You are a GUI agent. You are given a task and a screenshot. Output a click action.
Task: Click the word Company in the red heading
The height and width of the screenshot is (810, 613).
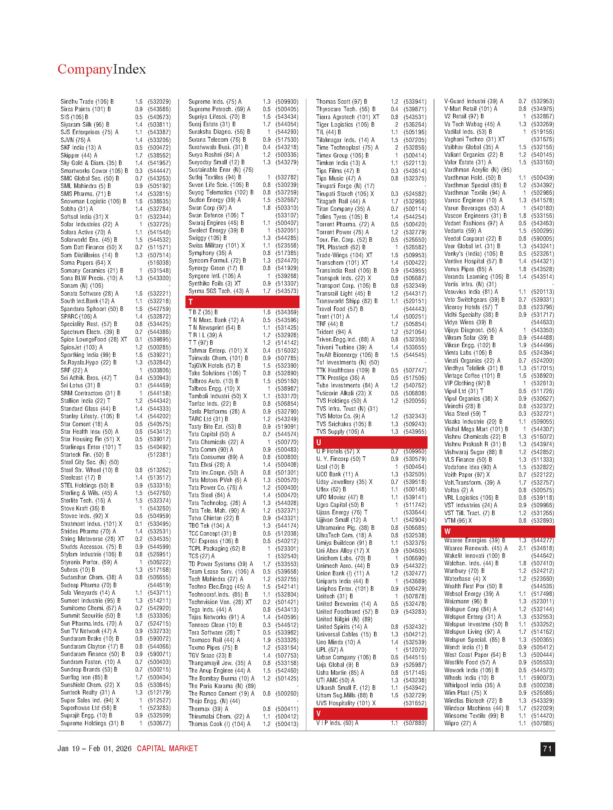click(85, 69)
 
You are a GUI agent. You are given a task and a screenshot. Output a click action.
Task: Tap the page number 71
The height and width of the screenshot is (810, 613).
click(547, 749)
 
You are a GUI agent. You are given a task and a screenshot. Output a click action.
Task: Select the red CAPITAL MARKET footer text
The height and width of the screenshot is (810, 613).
click(168, 749)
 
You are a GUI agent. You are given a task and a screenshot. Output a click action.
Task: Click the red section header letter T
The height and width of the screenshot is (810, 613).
click(191, 302)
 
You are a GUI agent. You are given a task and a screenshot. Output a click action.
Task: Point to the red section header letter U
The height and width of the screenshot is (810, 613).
click(319, 442)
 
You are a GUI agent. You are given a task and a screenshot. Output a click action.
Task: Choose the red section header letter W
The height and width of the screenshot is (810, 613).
click(448, 531)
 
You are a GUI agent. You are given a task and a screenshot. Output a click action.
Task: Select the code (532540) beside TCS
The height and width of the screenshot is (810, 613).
click(287, 556)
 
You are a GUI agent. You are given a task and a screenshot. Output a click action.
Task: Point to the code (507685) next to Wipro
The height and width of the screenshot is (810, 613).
click(543, 723)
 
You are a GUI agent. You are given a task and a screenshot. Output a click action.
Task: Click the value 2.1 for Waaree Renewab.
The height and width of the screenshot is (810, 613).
click(522, 548)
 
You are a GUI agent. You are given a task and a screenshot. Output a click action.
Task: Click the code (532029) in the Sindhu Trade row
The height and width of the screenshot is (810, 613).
click(159, 102)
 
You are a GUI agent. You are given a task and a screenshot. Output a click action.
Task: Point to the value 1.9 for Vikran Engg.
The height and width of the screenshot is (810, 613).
click(522, 345)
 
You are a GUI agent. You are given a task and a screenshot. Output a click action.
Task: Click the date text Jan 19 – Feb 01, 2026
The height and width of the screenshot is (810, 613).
click(94, 749)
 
